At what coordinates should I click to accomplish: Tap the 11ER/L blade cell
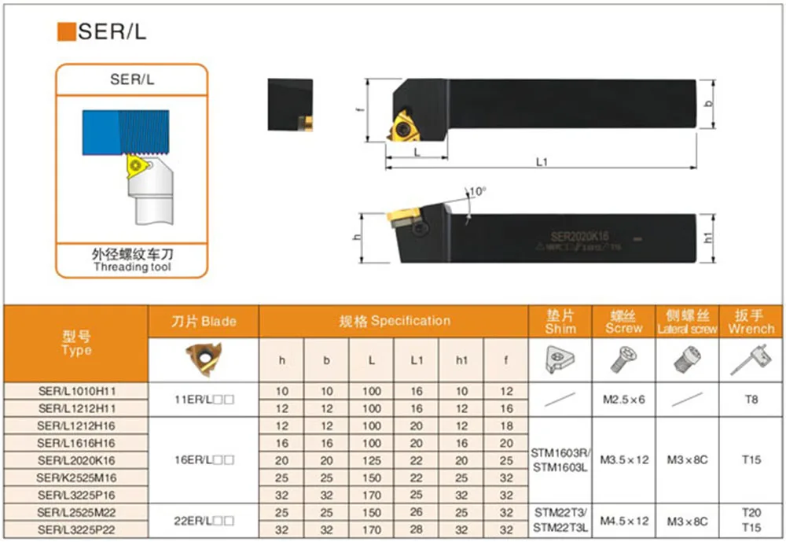coord(203,400)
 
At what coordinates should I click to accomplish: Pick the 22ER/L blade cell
coord(203,521)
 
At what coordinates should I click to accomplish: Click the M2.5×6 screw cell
coord(624,400)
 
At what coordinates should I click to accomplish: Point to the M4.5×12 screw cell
coord(624,521)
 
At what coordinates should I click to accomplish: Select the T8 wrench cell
coord(751,400)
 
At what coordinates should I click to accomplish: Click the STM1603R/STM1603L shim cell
coord(560,460)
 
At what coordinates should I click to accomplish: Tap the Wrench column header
coord(751,322)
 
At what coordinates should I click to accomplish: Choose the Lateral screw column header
coord(688,322)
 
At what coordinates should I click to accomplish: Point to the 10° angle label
coord(478,191)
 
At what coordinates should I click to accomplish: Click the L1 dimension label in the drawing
coord(541,161)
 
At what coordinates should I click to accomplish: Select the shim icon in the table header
coord(560,361)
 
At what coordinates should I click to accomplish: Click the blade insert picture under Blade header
coord(204,360)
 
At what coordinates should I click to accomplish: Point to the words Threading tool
coord(132,267)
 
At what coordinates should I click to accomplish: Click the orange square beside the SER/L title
coord(67,31)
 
